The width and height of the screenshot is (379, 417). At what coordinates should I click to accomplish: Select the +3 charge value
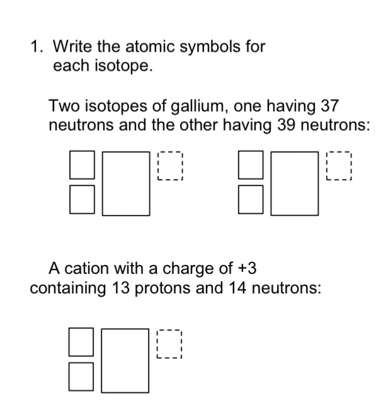(x=247, y=269)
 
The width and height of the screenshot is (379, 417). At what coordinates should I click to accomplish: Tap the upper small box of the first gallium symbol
(x=82, y=164)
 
